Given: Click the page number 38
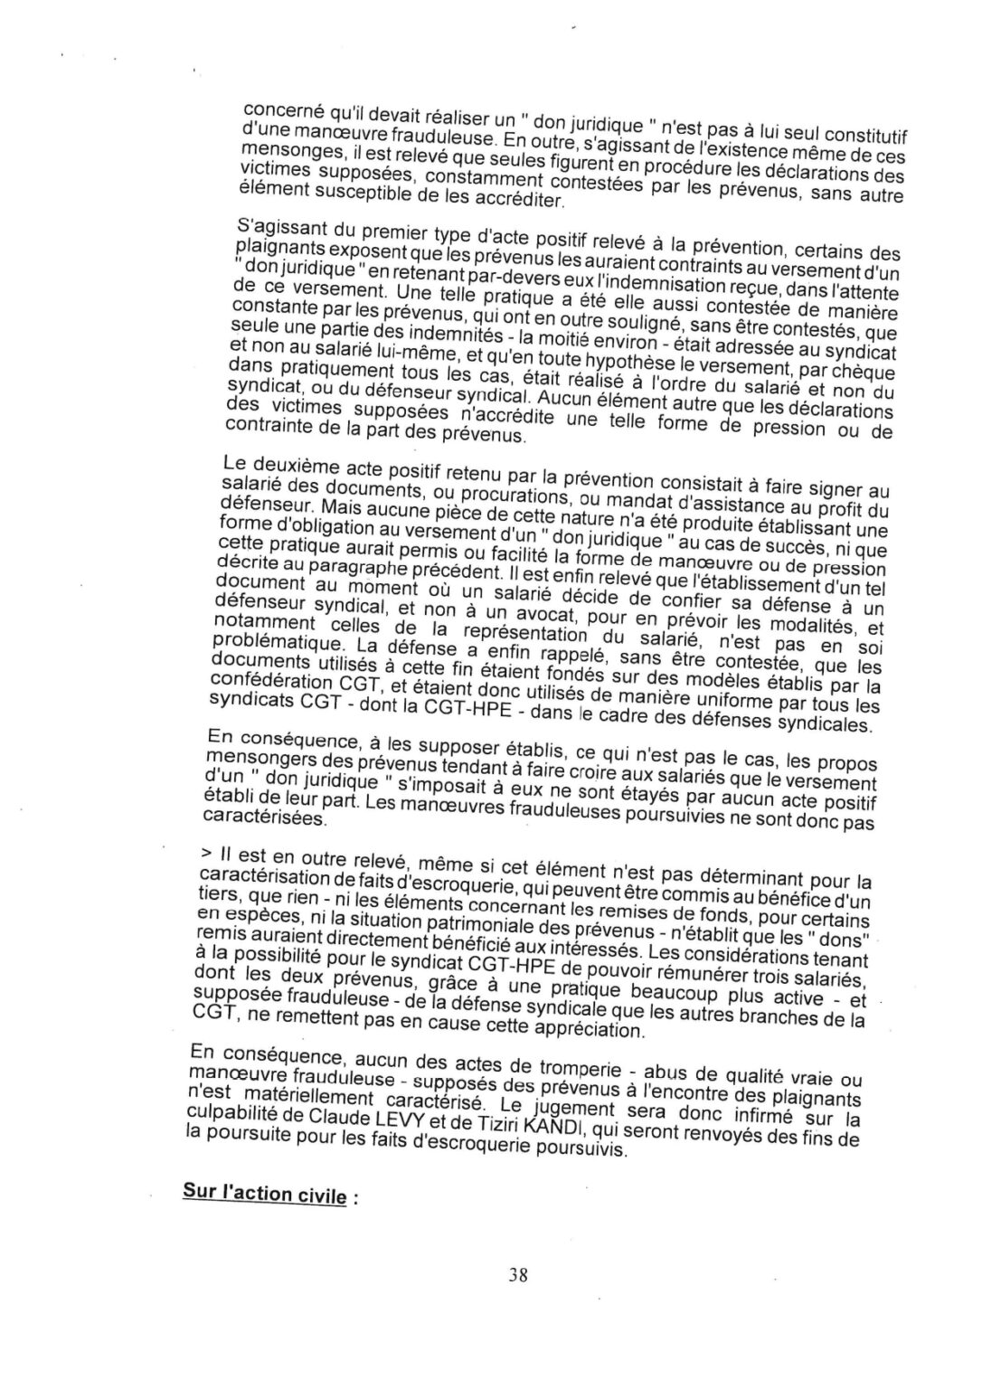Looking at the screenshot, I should pos(518,1275).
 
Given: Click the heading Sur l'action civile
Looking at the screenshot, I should pos(264,1193).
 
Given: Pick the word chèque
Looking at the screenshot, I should pos(864,373).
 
